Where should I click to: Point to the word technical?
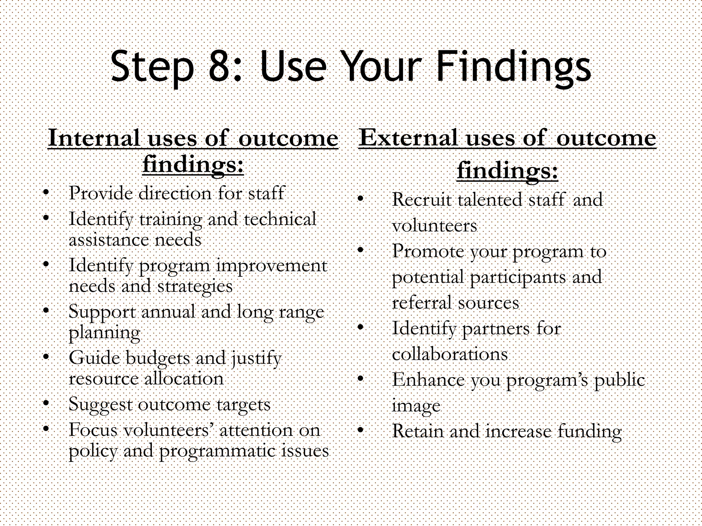pos(280,219)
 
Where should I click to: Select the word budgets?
pos(157,359)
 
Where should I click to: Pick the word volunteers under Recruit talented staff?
pos(434,226)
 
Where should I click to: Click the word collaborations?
pos(449,354)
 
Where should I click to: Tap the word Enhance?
pos(428,380)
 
